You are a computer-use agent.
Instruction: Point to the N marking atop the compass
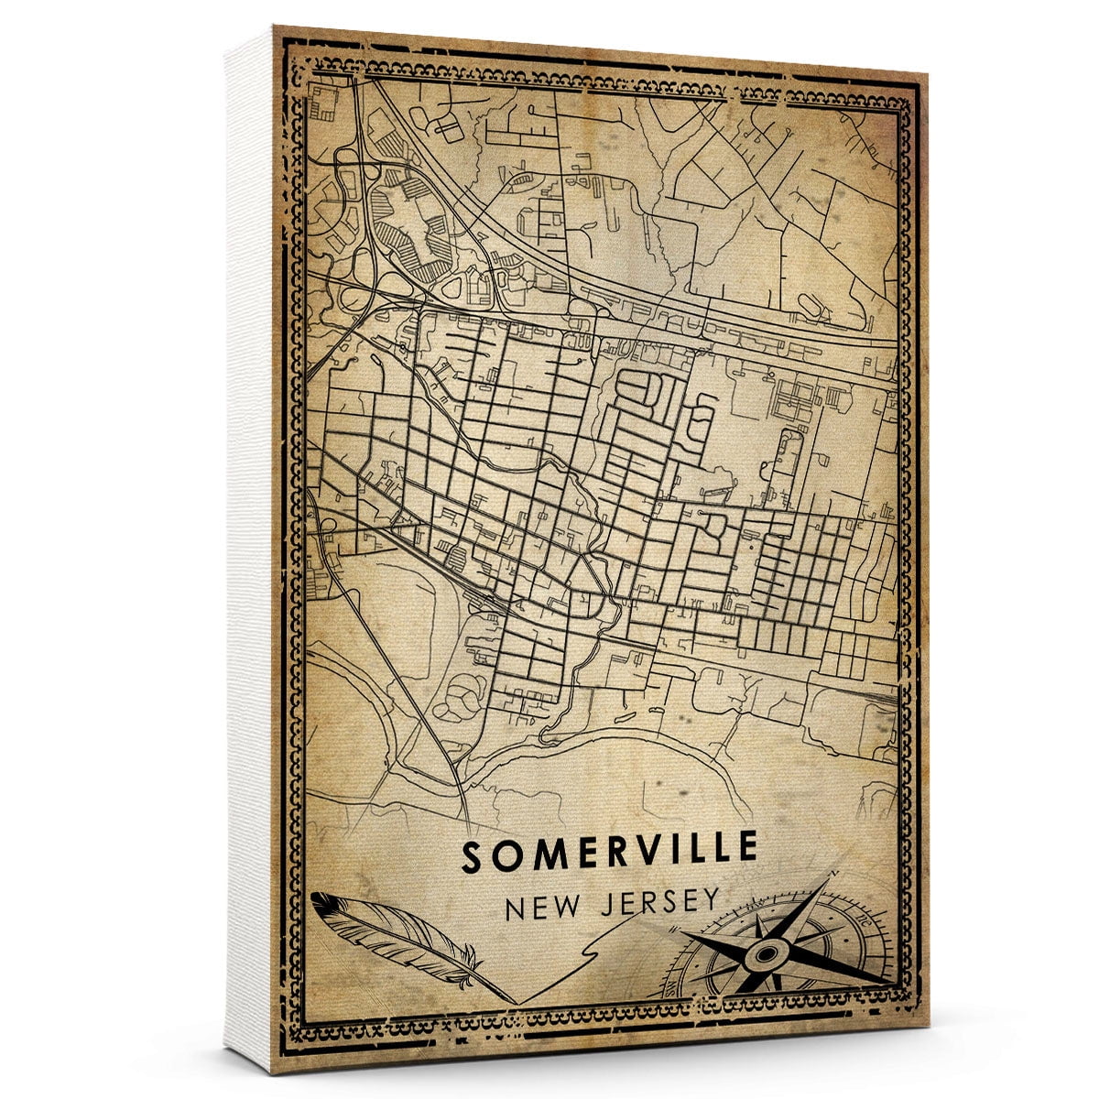pyautogui.click(x=831, y=876)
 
